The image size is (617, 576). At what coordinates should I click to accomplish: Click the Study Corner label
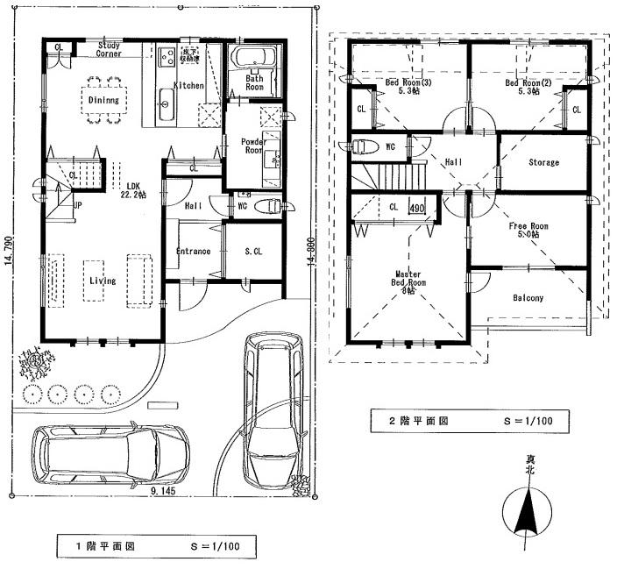click(110, 48)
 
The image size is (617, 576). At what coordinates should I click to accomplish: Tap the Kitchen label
click(189, 86)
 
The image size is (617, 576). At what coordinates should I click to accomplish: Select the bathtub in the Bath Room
click(254, 60)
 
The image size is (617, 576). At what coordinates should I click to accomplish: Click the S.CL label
click(253, 252)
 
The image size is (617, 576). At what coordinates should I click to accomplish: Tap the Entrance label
click(193, 252)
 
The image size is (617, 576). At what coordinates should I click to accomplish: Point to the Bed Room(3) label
click(405, 87)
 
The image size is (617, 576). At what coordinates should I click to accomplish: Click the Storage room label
click(543, 163)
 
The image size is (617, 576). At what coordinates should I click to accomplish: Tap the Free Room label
click(528, 230)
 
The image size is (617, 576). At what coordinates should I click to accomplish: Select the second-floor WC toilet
click(368, 146)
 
